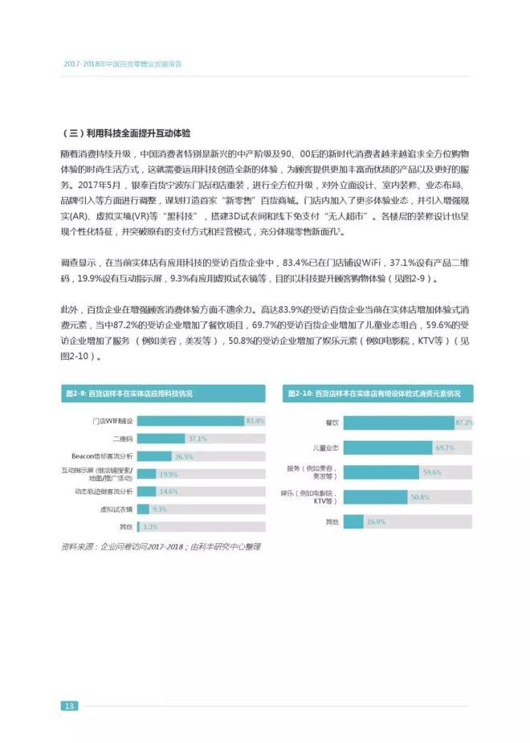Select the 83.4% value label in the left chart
[x=255, y=421]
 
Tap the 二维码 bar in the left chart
[x=161, y=439]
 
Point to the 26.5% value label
[x=184, y=456]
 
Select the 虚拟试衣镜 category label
[x=116, y=508]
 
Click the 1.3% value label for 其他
[x=149, y=526]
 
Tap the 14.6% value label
[x=168, y=491]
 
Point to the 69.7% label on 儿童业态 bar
[x=445, y=447]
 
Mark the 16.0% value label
[x=377, y=522]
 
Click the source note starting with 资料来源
[x=161, y=547]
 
